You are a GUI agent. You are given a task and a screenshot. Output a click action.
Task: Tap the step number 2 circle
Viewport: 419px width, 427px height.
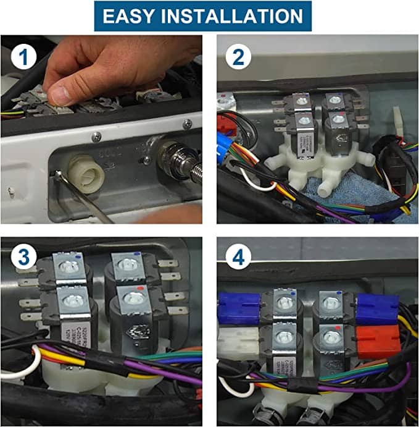(x=239, y=59)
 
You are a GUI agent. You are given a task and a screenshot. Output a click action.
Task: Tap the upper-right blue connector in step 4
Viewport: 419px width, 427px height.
(x=377, y=307)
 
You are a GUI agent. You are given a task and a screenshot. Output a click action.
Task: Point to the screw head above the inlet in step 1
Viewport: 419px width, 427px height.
(x=96, y=137)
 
